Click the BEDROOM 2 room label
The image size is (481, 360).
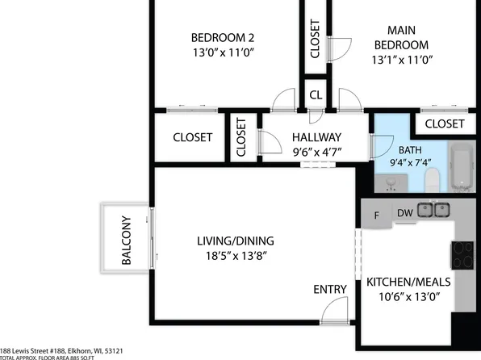(x=223, y=37)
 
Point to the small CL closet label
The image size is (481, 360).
(x=316, y=94)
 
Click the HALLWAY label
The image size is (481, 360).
(x=316, y=137)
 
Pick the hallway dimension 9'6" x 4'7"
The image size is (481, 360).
(x=316, y=153)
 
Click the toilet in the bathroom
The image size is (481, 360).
(x=431, y=180)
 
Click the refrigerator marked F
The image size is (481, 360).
(x=376, y=216)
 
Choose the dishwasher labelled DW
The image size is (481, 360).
(x=405, y=212)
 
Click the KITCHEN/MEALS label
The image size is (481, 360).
(x=408, y=282)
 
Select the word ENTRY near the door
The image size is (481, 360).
(x=330, y=289)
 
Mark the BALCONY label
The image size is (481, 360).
(x=127, y=240)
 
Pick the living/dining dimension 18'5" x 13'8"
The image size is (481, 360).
(x=236, y=256)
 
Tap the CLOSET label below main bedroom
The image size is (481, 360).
(x=445, y=123)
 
